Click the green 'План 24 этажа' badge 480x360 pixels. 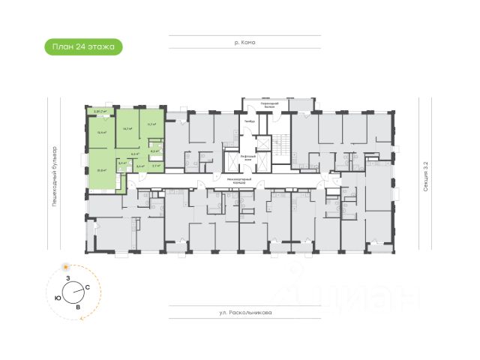[x=83, y=46]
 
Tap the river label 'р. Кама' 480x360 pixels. [x=245, y=43]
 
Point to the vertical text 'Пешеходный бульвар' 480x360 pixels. [x=55, y=175]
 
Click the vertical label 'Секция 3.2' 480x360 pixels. [x=425, y=175]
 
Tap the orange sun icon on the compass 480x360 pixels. [x=67, y=267]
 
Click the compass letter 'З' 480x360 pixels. [x=67, y=278]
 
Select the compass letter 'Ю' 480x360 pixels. [x=58, y=297]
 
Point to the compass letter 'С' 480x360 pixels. [x=88, y=287]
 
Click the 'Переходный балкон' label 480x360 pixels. [x=262, y=104]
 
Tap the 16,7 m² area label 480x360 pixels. [x=127, y=128]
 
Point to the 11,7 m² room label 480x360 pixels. [x=151, y=124]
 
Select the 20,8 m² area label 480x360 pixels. [x=101, y=169]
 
